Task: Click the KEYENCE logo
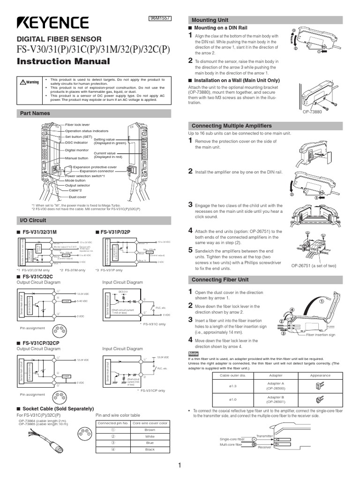coord(52,23)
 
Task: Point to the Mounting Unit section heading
coord(209,20)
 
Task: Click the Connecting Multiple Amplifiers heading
coord(232,126)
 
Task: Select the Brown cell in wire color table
coord(150,429)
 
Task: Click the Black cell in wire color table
coord(150,450)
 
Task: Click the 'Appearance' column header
coord(320,375)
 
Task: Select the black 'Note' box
coord(194,353)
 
